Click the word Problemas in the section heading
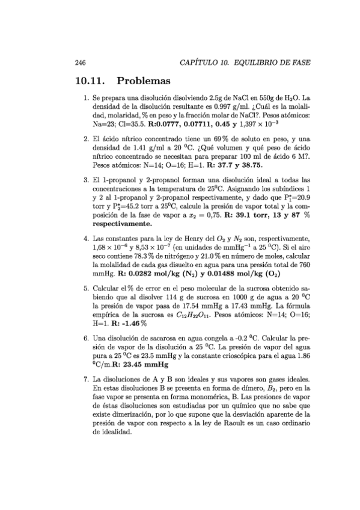[145, 80]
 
